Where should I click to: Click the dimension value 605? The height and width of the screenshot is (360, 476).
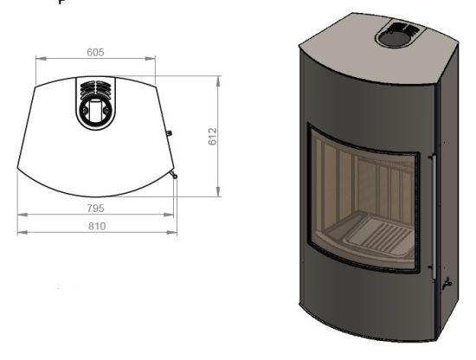(x=95, y=52)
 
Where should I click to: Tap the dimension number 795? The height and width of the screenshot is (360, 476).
(x=96, y=207)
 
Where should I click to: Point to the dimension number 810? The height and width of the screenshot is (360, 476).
(x=96, y=225)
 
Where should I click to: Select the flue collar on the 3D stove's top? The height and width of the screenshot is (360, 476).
(x=397, y=36)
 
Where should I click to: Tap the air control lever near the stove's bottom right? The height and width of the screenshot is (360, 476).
(x=447, y=285)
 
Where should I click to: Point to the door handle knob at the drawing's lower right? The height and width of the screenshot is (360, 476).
(x=175, y=176)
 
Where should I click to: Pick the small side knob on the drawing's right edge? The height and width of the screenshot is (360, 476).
(x=170, y=134)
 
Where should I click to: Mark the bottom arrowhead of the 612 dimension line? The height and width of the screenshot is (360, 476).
(x=216, y=195)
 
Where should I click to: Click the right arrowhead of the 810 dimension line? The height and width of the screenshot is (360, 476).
(x=176, y=233)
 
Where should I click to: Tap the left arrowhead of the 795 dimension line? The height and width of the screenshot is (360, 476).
(x=19, y=215)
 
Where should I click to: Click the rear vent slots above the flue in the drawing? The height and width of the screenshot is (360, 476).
(x=94, y=87)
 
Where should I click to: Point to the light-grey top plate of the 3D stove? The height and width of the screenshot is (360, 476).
(x=346, y=35)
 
